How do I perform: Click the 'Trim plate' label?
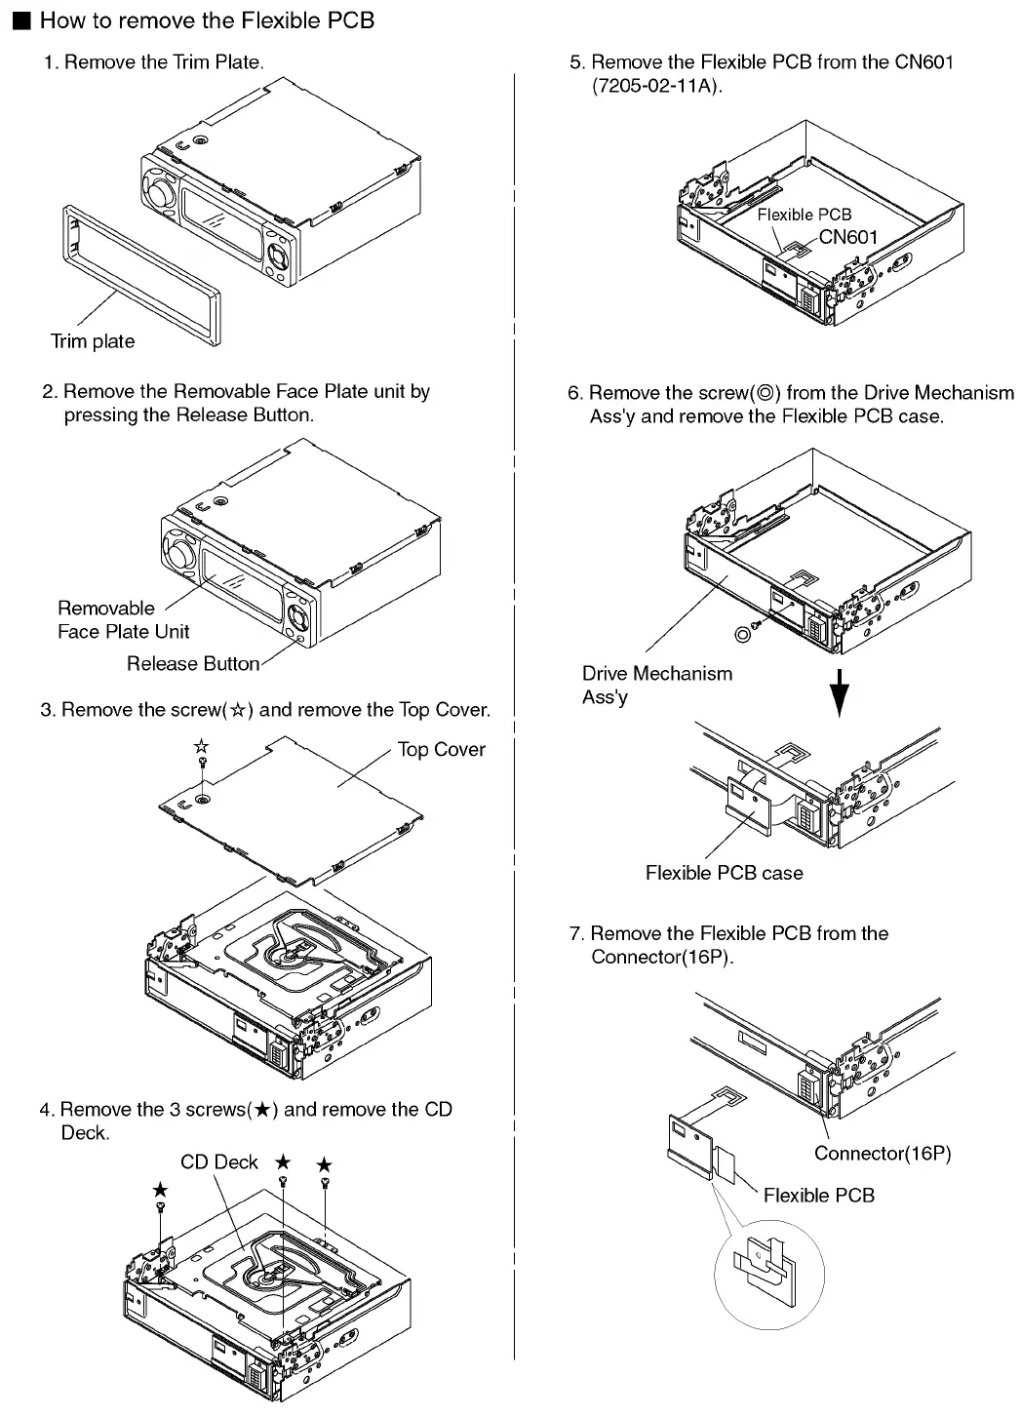[x=93, y=341]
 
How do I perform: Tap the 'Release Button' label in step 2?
[x=193, y=664]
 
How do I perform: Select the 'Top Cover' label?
[x=441, y=749]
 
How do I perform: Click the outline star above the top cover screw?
[x=201, y=747]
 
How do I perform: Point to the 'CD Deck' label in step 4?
[x=219, y=1161]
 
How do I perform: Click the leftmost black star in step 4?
[x=160, y=1190]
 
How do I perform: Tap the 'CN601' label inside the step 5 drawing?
[x=847, y=236]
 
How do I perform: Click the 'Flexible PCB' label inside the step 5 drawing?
[x=805, y=215]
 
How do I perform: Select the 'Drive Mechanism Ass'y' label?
[x=656, y=685]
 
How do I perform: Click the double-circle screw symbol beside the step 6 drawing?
[x=743, y=634]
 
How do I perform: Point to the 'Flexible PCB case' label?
[x=724, y=873]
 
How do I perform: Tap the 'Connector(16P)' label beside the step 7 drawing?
[x=883, y=1153]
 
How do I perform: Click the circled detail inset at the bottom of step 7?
[x=764, y=1272]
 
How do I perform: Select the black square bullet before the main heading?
[x=22, y=20]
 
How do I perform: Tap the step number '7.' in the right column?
[x=576, y=933]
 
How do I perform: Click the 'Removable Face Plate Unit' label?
[x=123, y=619]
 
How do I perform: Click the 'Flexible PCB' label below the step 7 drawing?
[x=818, y=1195]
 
